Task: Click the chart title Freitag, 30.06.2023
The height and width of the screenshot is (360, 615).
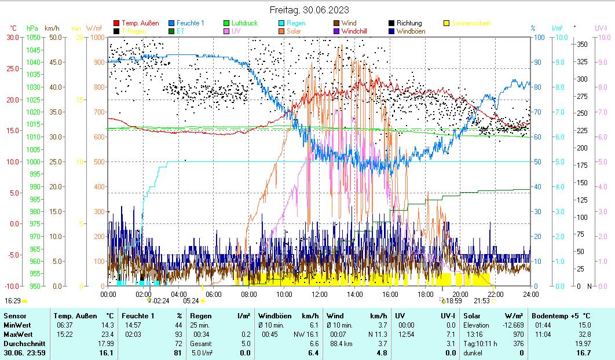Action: [x=309, y=10]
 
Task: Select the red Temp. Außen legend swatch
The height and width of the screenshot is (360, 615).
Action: [x=116, y=23]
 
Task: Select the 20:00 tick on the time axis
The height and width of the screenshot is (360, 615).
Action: [x=460, y=293]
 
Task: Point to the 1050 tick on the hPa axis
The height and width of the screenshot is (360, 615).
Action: [x=34, y=37]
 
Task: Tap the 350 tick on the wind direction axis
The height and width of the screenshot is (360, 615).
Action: [x=583, y=44]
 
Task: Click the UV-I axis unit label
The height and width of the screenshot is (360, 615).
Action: [x=601, y=28]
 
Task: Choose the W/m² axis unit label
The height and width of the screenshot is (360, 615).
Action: [x=94, y=28]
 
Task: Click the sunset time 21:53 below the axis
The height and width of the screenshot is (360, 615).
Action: [x=482, y=301]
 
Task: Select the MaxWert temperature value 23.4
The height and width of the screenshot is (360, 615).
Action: [x=108, y=334]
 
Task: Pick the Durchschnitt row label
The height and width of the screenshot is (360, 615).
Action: [x=21, y=343]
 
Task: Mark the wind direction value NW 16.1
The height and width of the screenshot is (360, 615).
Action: [x=306, y=334]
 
